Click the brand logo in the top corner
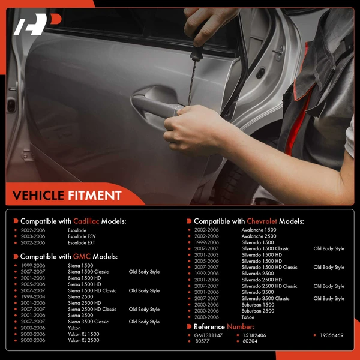[37, 24]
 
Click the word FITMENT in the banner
[95, 196]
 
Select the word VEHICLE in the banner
[38, 196]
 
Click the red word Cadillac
[86, 221]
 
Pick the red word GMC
[82, 256]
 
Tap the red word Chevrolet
[262, 221]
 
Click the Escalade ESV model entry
[82, 236]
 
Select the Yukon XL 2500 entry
[83, 340]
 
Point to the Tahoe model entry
[248, 317]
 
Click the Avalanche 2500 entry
[259, 236]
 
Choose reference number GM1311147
[208, 335]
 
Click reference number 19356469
[332, 335]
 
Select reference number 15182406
[254, 335]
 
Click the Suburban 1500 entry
[258, 305]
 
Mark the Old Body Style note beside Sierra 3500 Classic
[144, 322]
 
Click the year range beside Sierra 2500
[33, 296]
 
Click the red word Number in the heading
[241, 326]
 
